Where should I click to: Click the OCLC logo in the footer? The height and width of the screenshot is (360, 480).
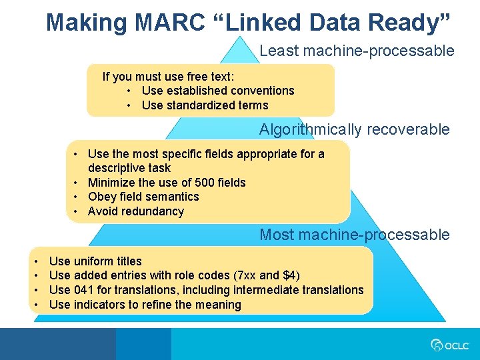pyautogui.click(x=450, y=345)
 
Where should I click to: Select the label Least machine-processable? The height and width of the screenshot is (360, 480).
pyautogui.click(x=357, y=51)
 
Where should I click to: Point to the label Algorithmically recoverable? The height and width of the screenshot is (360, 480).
pyautogui.click(x=355, y=129)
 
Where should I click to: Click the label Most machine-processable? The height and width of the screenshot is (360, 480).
pyautogui.click(x=355, y=235)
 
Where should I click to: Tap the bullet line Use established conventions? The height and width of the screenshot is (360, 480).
pyautogui.click(x=218, y=91)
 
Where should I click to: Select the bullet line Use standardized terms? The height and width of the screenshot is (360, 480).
pyautogui.click(x=205, y=105)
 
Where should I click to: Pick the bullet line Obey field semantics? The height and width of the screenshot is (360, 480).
pyautogui.click(x=143, y=197)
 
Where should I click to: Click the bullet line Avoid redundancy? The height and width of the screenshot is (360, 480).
pyautogui.click(x=135, y=211)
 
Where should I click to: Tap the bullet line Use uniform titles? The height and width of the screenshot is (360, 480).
pyautogui.click(x=95, y=261)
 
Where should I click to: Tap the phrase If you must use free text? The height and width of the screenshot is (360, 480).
pyautogui.click(x=168, y=77)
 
